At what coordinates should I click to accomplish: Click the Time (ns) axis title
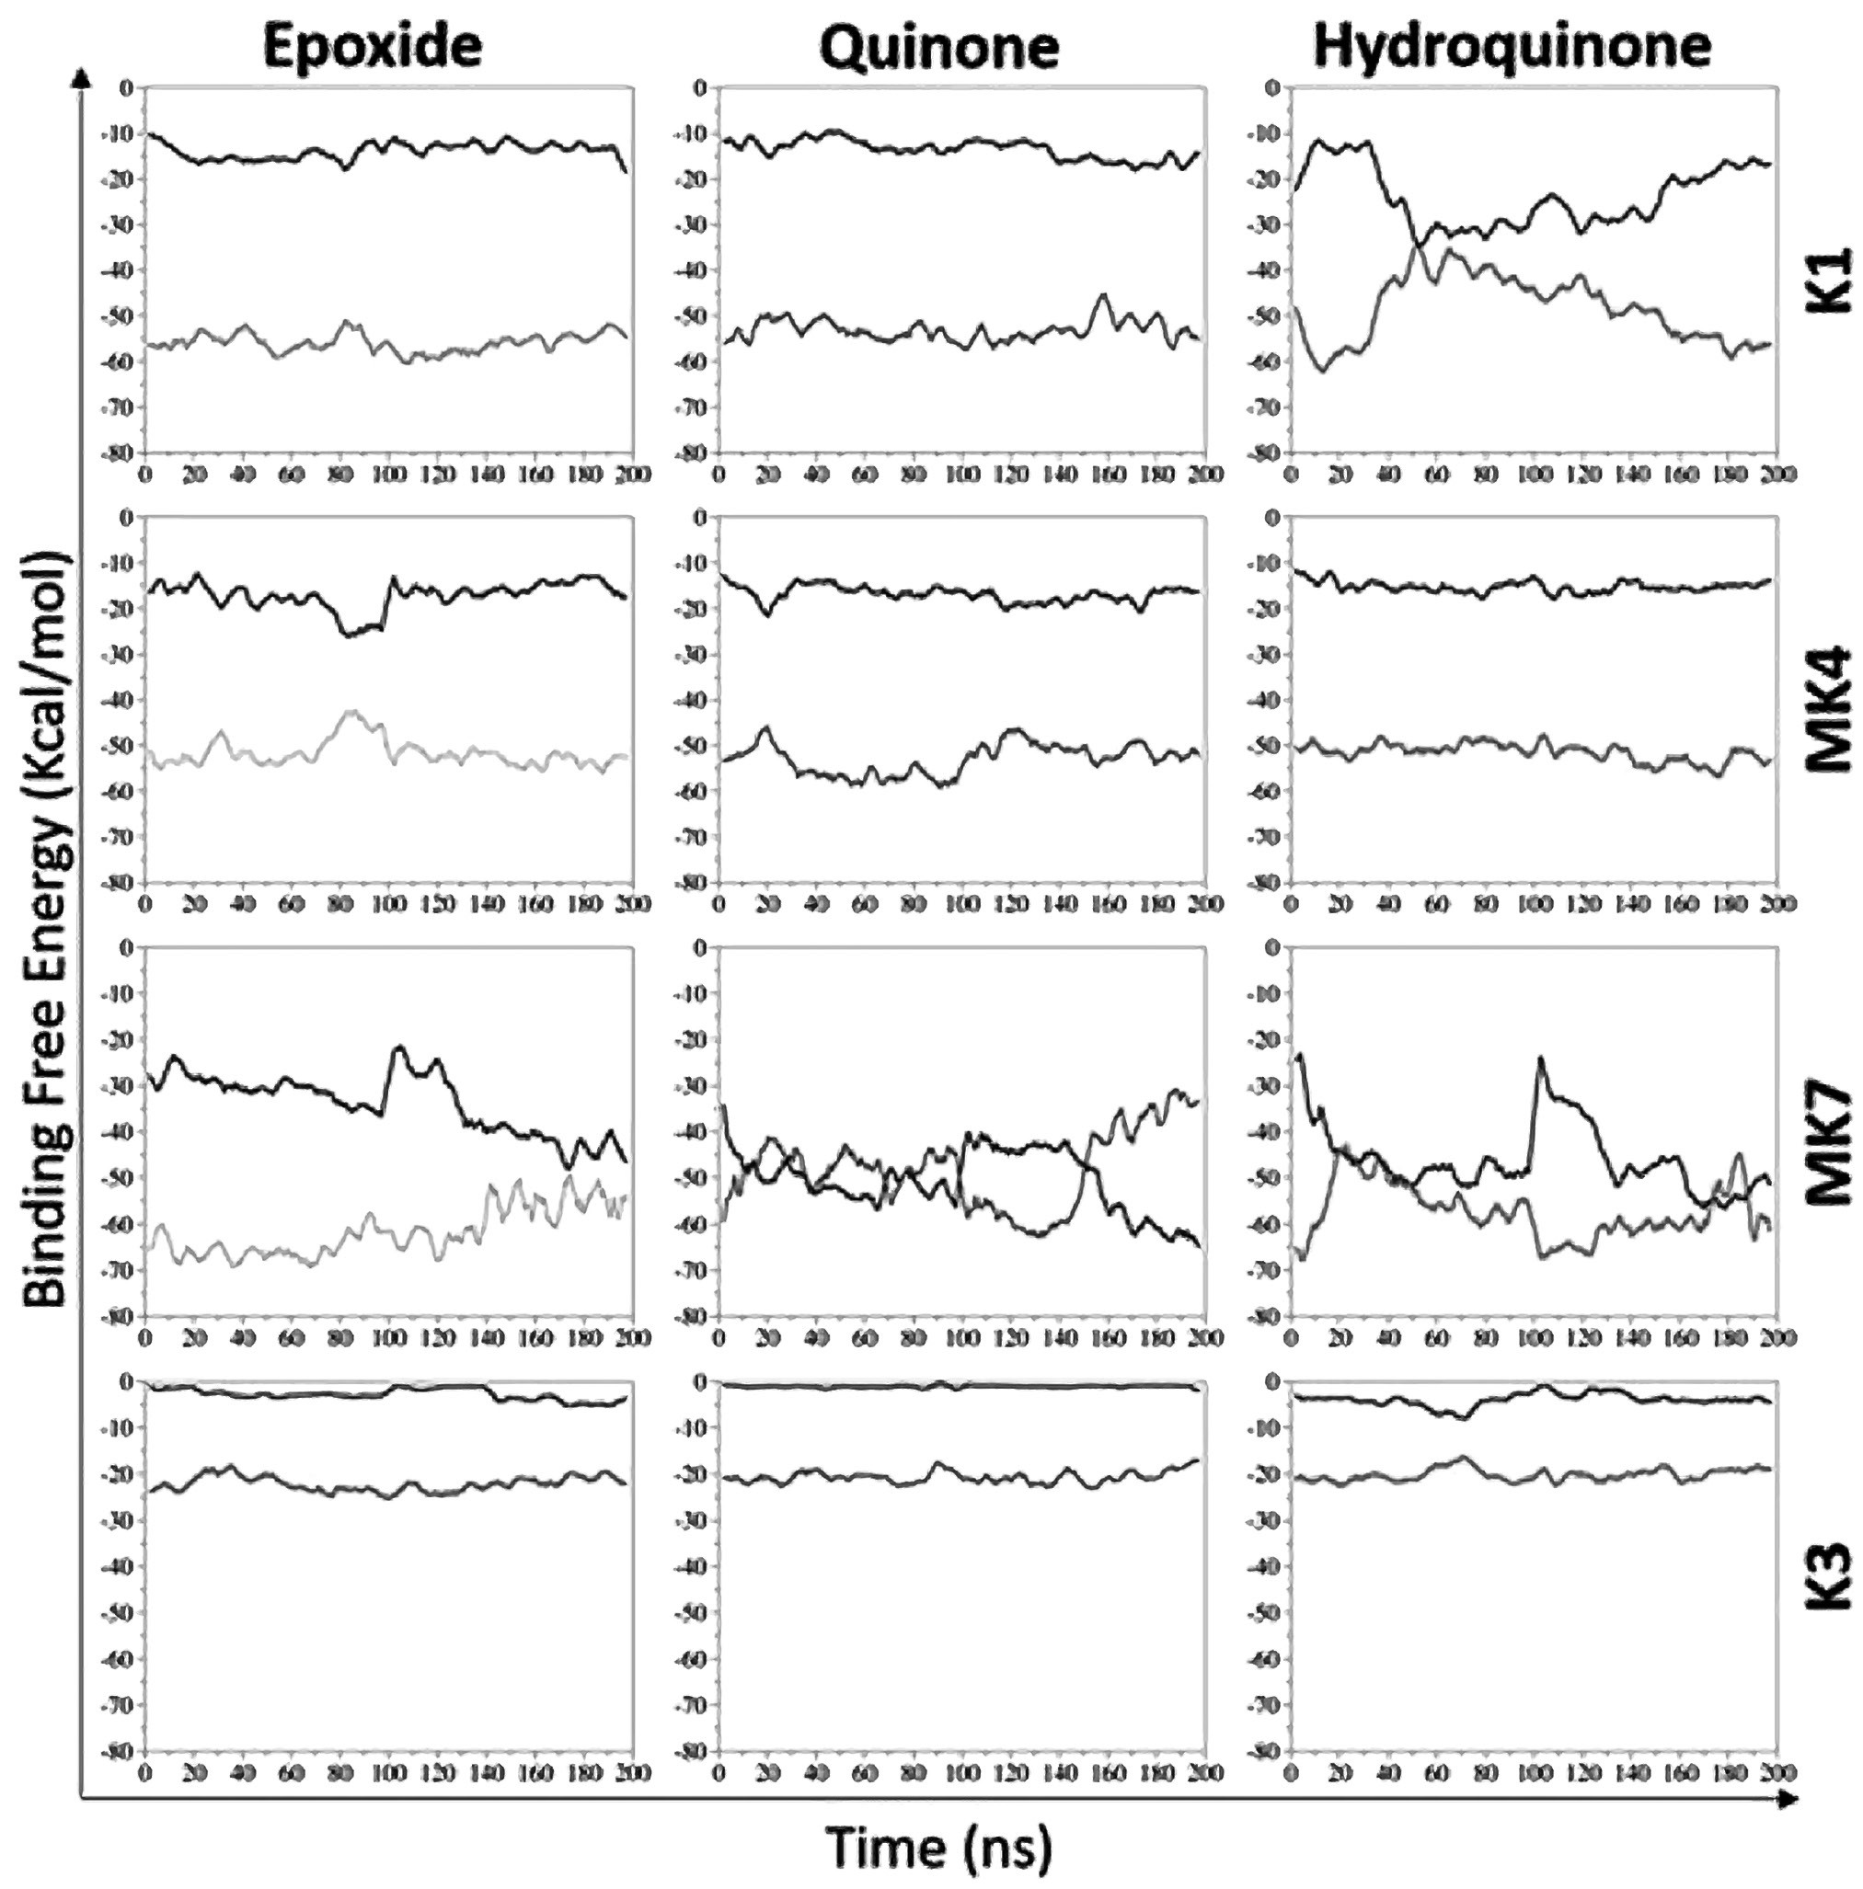coord(938,1846)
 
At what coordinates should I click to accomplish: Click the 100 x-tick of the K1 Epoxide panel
coord(387,475)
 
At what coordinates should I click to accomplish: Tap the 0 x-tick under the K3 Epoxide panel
coord(145,1772)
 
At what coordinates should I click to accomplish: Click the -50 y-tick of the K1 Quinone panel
coord(697,316)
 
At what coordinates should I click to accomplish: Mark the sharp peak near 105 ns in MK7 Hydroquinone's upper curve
coord(1539,1059)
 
